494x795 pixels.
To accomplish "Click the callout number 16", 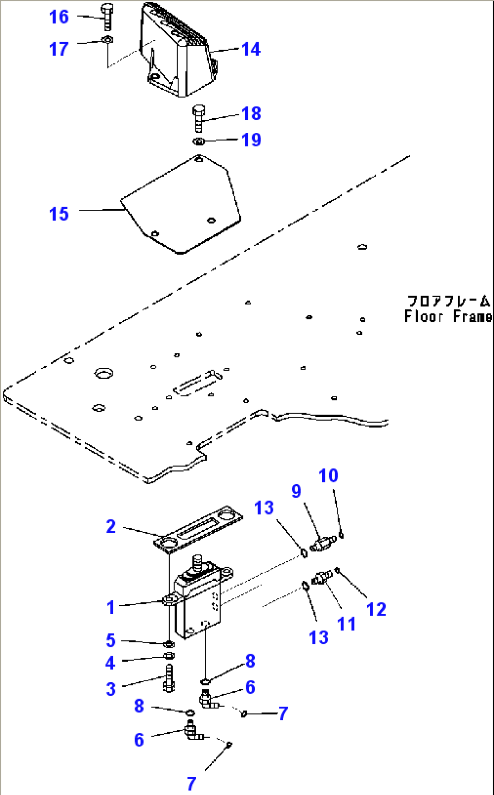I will [x=59, y=17].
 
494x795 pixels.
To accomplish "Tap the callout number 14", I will [x=251, y=49].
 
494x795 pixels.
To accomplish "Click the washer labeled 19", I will [x=199, y=142].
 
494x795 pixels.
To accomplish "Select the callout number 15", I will [x=59, y=214].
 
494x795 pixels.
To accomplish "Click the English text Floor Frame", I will [x=448, y=316].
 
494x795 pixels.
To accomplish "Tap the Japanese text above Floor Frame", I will [x=448, y=301].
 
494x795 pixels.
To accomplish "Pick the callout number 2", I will [x=111, y=526].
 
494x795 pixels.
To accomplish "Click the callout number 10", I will [x=328, y=476].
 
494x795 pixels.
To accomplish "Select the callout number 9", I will [x=296, y=491].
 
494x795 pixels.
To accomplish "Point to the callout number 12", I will [x=376, y=609].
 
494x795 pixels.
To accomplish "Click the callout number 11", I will [x=346, y=624].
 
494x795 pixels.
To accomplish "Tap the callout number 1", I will [x=111, y=607].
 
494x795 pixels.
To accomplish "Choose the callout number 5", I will [x=111, y=641].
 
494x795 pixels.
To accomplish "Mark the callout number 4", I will [x=110, y=663].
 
